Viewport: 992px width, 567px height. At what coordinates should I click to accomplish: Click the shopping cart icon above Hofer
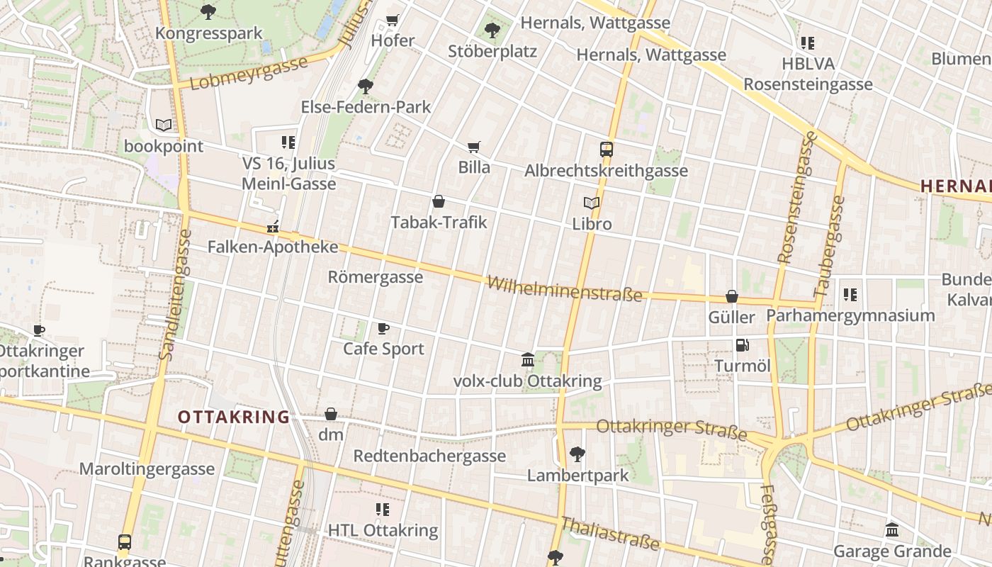coord(392,20)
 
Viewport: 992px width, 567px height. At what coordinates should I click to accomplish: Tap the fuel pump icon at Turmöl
coord(742,345)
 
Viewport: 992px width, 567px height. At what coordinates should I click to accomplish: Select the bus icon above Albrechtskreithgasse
coord(607,150)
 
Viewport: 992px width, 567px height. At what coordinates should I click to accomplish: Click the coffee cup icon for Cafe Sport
coord(383,328)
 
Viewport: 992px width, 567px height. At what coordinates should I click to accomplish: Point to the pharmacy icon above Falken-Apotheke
coord(272,227)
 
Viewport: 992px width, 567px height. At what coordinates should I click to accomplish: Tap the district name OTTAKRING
coord(234,417)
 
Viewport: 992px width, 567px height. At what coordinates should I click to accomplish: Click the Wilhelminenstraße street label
coord(565,288)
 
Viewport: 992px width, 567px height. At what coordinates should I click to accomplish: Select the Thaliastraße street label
coord(609,534)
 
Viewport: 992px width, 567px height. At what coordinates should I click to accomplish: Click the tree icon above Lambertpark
coord(577,454)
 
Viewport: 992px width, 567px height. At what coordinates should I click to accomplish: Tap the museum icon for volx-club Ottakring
coord(528,360)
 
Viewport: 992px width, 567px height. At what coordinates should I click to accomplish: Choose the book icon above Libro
coord(592,203)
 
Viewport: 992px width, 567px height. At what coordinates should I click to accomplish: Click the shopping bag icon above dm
coord(331,414)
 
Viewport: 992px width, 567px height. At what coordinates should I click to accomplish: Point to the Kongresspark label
coord(208,33)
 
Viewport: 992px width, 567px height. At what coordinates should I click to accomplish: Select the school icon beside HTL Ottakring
coord(383,509)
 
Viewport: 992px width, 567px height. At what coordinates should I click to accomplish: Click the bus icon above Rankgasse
coord(125,542)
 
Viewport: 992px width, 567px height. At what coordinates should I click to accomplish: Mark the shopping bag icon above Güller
coord(732,296)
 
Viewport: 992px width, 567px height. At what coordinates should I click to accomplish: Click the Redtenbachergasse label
coord(429,455)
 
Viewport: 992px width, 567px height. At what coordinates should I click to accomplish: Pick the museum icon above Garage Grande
coord(892,529)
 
